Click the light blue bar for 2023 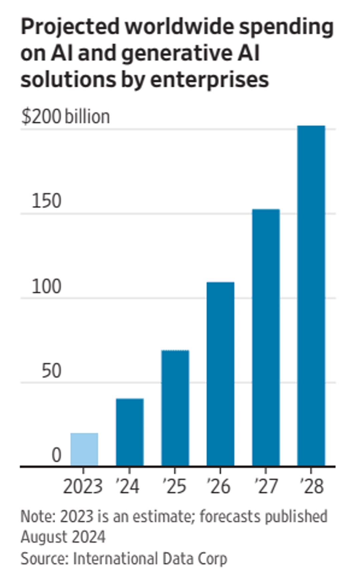[84, 449]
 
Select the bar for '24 [130, 432]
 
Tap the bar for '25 [175, 408]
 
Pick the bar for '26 [220, 374]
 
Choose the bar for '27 [266, 337]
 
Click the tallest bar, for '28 [311, 295]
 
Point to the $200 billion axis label [65, 117]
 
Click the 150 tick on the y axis [46, 201]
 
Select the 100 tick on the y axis [46, 286]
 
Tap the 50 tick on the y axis [51, 371]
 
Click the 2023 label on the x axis [83, 486]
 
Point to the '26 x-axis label [219, 486]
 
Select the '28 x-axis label [312, 486]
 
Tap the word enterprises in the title [209, 80]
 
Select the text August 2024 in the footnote [63, 537]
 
